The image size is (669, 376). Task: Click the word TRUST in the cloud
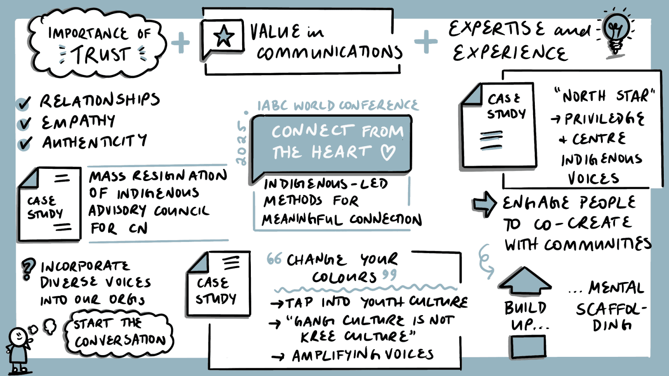click(x=101, y=55)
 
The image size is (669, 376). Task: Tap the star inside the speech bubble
click(x=223, y=36)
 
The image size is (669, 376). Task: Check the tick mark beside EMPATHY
click(x=24, y=123)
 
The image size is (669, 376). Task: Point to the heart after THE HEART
click(x=388, y=152)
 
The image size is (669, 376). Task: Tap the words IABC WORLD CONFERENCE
click(x=338, y=105)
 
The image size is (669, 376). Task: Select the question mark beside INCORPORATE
click(x=28, y=269)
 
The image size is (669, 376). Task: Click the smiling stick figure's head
click(x=18, y=336)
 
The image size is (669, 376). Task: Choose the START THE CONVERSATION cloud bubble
click(x=119, y=332)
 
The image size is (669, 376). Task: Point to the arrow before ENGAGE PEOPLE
click(x=485, y=204)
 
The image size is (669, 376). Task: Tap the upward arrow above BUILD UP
click(x=525, y=281)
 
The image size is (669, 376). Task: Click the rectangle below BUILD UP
click(x=528, y=347)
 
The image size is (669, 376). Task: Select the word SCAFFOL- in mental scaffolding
click(x=610, y=309)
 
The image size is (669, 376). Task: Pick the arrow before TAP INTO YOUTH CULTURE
click(x=277, y=303)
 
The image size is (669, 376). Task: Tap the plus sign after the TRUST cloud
click(x=181, y=43)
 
